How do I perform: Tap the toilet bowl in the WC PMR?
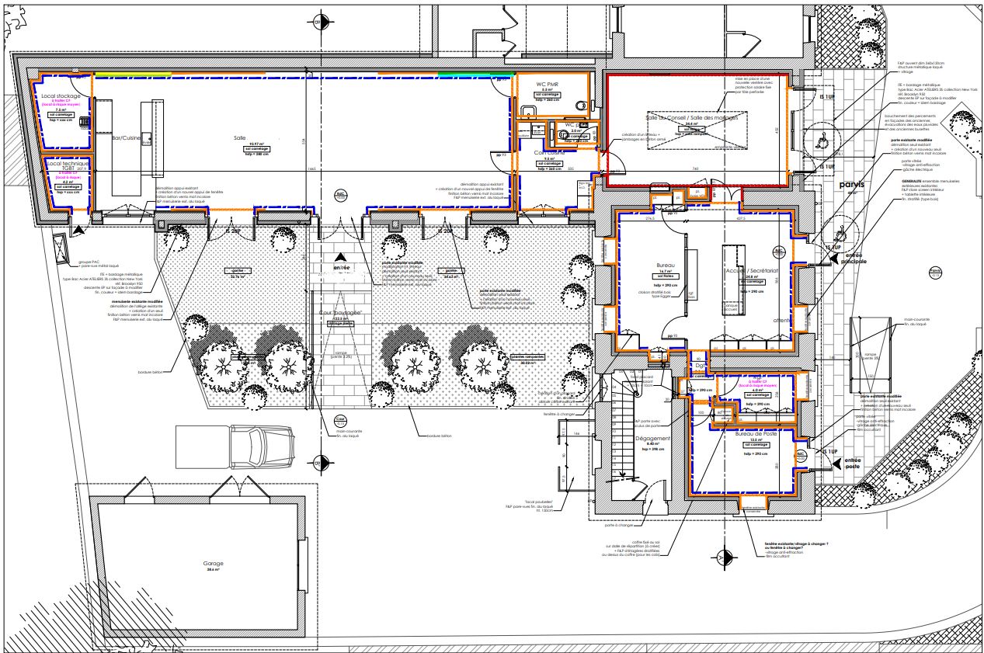coord(578,106)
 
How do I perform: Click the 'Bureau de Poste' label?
coord(756,434)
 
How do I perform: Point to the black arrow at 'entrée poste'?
coord(836,464)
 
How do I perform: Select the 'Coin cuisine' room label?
coord(548,153)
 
